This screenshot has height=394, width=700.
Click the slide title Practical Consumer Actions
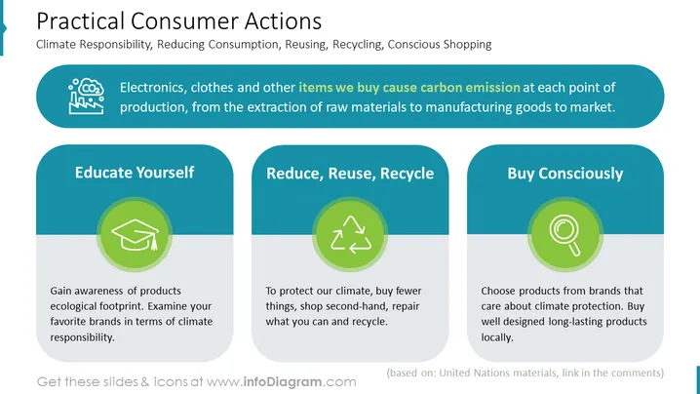pos(178,21)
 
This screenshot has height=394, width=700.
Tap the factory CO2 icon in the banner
pos(87,96)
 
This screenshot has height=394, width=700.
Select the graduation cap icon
pos(135,234)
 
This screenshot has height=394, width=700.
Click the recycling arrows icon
pos(350,234)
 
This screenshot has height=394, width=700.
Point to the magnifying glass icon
pos(565,235)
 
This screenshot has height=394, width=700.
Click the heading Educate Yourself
pos(135,173)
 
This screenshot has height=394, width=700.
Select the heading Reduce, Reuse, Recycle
pos(350,174)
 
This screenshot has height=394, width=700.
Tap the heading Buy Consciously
pos(565,174)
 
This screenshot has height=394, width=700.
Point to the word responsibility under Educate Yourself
pos(82,337)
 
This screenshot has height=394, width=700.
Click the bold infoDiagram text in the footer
pos(283,382)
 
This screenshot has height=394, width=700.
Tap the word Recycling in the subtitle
pos(358,44)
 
